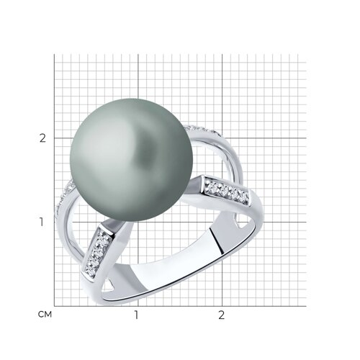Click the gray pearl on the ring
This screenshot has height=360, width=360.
tap(131, 160)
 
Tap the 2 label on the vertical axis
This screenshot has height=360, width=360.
tap(42, 138)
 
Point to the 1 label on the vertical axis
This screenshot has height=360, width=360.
tap(42, 222)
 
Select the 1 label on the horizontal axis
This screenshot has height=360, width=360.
tap(136, 315)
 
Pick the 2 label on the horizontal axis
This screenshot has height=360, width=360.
tap(221, 315)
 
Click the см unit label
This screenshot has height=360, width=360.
tap(45, 315)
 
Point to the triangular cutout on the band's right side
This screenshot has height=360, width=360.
tap(240, 224)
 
